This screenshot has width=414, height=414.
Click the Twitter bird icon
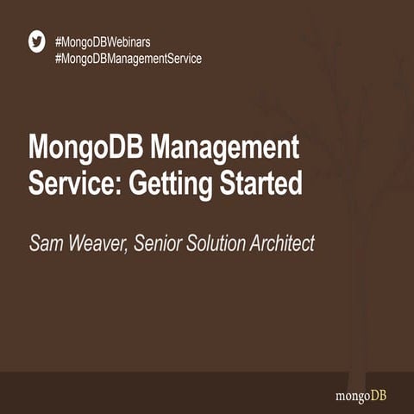[x=36, y=42]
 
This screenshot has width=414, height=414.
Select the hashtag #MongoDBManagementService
[x=128, y=59]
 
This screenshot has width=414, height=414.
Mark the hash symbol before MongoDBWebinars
[x=58, y=41]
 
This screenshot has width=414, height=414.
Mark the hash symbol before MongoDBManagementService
[x=58, y=59]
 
